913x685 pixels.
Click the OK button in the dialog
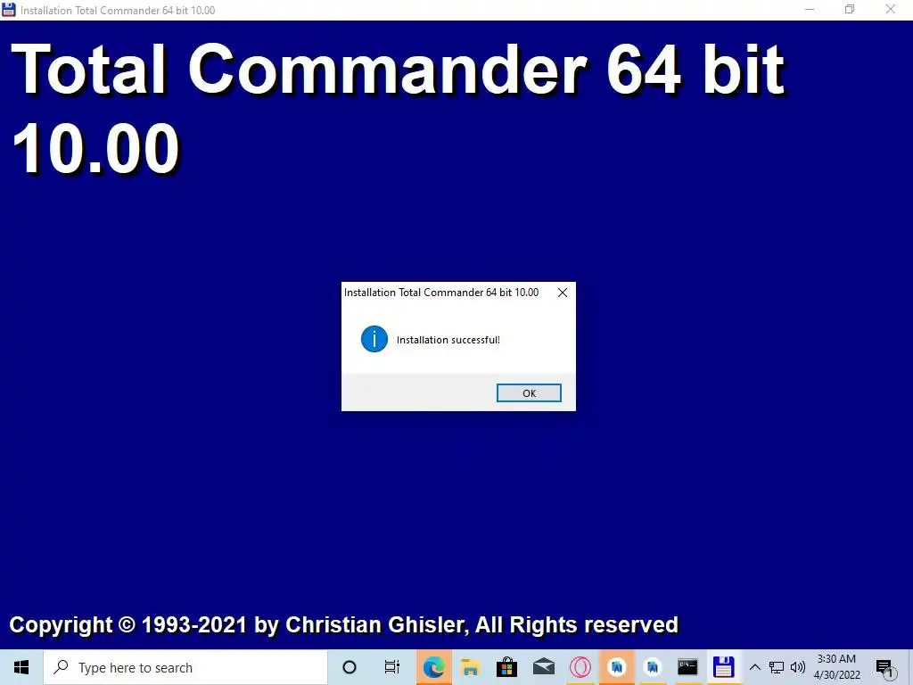point(529,393)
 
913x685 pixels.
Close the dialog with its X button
point(562,293)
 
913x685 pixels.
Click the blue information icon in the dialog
point(374,339)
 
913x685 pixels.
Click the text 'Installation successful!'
point(448,340)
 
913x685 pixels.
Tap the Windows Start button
point(21,667)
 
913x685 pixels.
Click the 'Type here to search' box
point(185,667)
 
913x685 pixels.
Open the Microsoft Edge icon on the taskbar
point(434,667)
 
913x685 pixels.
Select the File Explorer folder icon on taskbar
point(470,667)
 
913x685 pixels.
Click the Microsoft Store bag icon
point(506,667)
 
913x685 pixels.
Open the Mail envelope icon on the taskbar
point(543,667)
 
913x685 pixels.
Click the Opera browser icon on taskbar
point(580,667)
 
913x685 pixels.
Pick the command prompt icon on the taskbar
point(687,667)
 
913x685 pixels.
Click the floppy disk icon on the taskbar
point(723,667)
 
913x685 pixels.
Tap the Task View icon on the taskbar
point(392,667)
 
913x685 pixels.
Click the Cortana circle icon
point(350,667)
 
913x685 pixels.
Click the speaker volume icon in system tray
point(798,667)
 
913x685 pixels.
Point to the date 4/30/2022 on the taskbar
point(836,675)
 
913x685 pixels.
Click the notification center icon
point(884,668)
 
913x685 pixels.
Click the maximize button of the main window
point(850,10)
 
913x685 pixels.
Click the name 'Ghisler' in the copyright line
point(426,625)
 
